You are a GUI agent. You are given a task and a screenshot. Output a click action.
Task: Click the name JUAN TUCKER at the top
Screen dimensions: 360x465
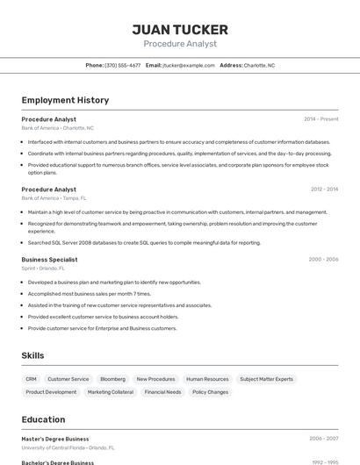coord(179,30)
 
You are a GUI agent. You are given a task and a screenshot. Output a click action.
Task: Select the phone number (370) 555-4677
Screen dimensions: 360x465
coord(123,65)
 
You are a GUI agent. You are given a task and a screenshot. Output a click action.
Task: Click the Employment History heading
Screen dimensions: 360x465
coord(65,100)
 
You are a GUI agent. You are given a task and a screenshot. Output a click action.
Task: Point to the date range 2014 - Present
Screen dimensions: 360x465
coord(320,119)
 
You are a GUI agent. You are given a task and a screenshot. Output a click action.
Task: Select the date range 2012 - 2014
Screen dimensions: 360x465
coord(324,190)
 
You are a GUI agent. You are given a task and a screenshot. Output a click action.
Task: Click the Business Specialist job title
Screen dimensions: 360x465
coord(49,260)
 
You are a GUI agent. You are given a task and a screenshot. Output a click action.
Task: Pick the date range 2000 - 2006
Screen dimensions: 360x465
coord(323,260)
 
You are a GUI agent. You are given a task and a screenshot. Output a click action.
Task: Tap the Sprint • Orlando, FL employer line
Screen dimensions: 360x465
coord(44,268)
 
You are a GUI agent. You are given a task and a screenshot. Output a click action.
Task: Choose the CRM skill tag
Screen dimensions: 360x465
coord(31,379)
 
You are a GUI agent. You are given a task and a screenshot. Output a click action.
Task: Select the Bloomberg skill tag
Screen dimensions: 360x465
coord(112,379)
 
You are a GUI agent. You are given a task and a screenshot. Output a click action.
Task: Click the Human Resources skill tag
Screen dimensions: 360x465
coord(207,379)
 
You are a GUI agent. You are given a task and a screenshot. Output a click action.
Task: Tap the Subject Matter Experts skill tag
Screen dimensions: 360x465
coord(266,379)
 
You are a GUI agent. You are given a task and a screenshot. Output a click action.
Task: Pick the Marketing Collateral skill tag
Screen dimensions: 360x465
coord(111,392)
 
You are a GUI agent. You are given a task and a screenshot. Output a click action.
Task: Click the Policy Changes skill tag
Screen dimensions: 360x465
coord(210,392)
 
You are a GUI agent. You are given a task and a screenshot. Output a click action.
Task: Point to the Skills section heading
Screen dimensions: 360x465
coord(32,355)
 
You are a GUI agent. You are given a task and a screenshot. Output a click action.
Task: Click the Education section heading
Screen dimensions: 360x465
coord(43,419)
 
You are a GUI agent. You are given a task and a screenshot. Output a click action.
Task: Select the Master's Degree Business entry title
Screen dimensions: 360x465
coord(54,439)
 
